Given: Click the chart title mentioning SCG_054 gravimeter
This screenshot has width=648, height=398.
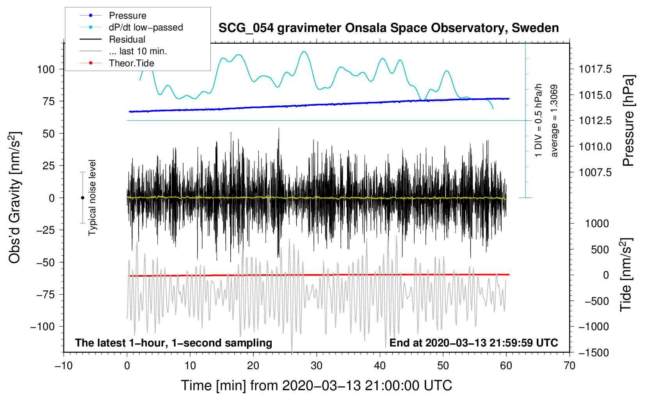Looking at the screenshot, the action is click(x=388, y=28).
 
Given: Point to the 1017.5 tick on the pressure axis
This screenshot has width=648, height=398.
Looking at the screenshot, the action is click(x=595, y=69).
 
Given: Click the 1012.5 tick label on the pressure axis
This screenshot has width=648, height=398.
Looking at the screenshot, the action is click(x=595, y=121).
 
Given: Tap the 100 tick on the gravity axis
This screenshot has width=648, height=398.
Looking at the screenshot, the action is click(x=46, y=69).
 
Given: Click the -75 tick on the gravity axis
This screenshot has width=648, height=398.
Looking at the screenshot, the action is click(x=45, y=295).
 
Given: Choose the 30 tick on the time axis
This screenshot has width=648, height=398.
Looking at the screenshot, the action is click(x=317, y=366).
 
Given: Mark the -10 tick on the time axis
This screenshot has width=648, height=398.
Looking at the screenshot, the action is click(x=64, y=366).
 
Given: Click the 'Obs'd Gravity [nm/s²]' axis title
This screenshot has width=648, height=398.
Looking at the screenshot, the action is click(x=14, y=197).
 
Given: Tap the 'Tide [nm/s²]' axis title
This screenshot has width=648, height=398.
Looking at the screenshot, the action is click(x=626, y=275).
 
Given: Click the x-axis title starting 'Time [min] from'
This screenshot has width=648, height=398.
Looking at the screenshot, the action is click(x=316, y=386).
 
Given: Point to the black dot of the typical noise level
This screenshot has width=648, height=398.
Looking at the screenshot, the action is click(x=82, y=198).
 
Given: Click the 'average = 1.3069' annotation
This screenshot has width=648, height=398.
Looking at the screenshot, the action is click(x=554, y=121).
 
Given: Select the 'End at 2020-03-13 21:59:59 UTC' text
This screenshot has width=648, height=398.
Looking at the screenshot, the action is click(x=474, y=343).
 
